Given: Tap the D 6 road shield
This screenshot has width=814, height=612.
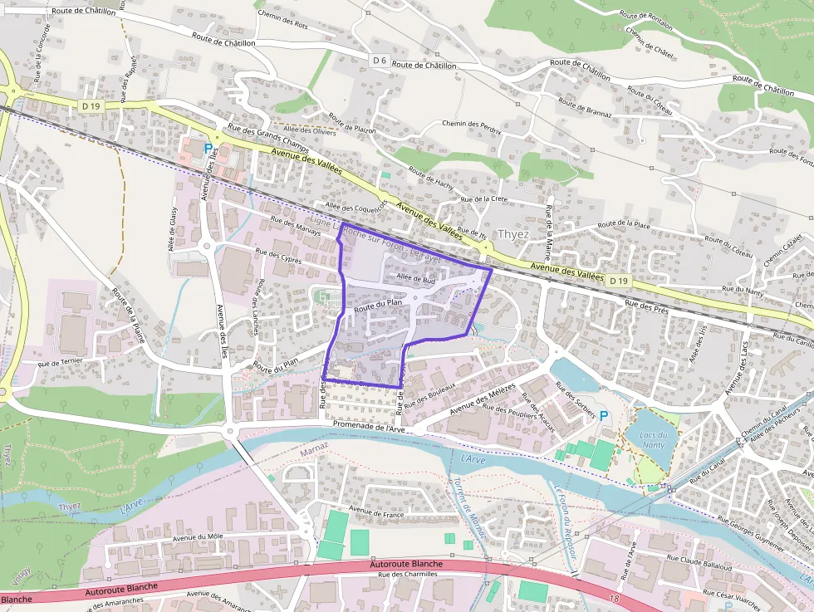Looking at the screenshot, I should [380, 60].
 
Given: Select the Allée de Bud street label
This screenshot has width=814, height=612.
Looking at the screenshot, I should [416, 280].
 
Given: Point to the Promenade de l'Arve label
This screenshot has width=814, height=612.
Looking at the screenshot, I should [368, 425].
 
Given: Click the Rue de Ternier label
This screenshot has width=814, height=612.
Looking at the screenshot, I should [60, 363].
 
